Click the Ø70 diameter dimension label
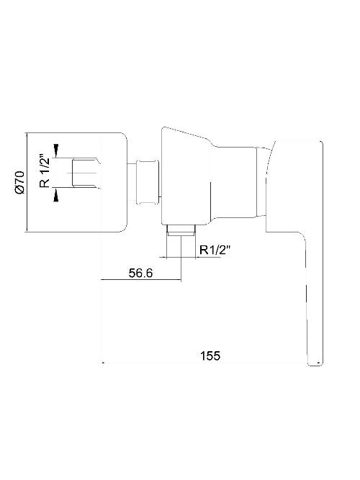tap(19, 182)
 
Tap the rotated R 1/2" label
tap(45, 171)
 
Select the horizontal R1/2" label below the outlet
tap(215, 250)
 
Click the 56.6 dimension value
tap(140, 273)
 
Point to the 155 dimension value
tap(210, 356)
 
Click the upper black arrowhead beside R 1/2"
tap(55, 149)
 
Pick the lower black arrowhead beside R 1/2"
tap(55, 195)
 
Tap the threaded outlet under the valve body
tap(181, 230)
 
